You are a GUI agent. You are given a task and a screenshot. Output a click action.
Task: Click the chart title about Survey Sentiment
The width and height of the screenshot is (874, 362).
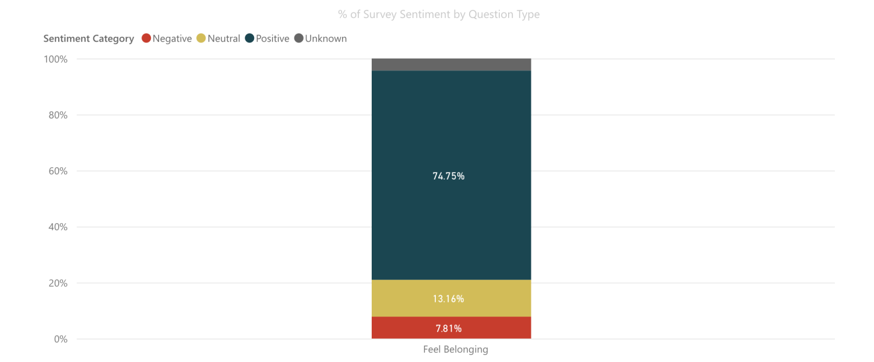click(438, 14)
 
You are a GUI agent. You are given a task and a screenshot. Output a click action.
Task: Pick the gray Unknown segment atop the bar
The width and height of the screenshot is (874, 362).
click(451, 64)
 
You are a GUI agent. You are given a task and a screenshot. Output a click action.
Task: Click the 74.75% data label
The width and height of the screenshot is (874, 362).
click(448, 176)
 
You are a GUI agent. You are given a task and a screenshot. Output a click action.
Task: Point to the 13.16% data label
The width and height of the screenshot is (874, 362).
click(448, 299)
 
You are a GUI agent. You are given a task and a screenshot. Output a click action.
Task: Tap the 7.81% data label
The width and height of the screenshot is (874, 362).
click(448, 329)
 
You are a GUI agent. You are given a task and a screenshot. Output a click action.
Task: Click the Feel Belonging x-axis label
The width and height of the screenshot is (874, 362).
click(455, 350)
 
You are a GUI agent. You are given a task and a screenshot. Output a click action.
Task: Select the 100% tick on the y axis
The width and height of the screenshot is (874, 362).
click(56, 59)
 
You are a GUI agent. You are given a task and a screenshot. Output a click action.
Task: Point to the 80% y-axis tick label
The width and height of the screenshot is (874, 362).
click(58, 115)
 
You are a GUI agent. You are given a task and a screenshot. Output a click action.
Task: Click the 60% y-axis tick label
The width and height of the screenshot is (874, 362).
click(58, 171)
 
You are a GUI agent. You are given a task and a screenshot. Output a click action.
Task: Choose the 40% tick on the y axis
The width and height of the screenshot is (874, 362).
click(58, 227)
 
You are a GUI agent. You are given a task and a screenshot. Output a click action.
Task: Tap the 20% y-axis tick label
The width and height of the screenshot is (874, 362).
click(58, 283)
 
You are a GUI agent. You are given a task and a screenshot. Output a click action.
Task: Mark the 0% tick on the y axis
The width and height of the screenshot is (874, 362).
click(61, 339)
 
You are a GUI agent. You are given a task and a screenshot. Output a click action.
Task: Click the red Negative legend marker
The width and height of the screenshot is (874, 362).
click(146, 38)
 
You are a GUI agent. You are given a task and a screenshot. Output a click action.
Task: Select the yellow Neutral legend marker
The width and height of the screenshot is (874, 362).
click(201, 38)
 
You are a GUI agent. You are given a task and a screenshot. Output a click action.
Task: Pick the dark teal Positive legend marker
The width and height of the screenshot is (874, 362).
click(249, 38)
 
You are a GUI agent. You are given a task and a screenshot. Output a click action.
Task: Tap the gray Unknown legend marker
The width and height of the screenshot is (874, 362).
click(298, 38)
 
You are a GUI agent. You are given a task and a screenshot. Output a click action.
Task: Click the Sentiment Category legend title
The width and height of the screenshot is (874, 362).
click(89, 38)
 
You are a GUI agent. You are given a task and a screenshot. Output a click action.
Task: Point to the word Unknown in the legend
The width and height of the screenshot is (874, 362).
click(326, 38)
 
